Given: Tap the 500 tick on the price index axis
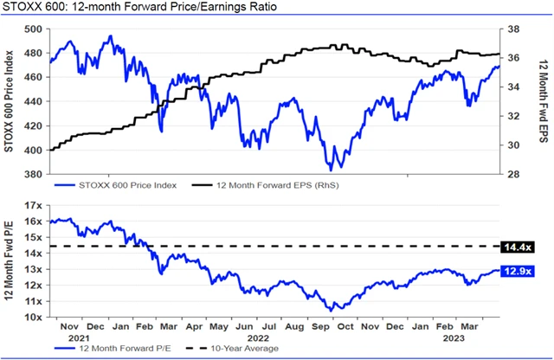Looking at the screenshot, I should (x=35, y=29).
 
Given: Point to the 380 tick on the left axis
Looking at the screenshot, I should (x=35, y=174).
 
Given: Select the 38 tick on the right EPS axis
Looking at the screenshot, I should (x=511, y=29).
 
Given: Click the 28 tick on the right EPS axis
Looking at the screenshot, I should (x=511, y=174).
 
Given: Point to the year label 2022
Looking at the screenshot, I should (x=257, y=338).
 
